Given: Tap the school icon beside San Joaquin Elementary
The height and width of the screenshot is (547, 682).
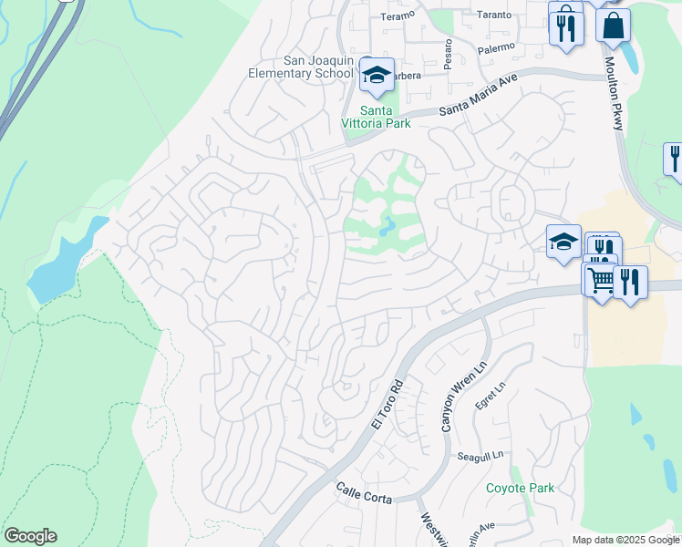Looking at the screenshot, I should click(x=376, y=77).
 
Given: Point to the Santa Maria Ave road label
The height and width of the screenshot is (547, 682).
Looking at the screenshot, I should click(x=478, y=96).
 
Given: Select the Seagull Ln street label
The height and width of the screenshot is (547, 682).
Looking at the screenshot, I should click(x=480, y=456).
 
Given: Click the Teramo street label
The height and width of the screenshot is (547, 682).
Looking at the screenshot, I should click(x=398, y=15).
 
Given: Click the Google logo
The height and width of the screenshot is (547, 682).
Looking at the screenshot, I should click(x=30, y=536).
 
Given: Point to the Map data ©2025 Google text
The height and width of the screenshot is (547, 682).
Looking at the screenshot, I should click(x=625, y=540).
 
